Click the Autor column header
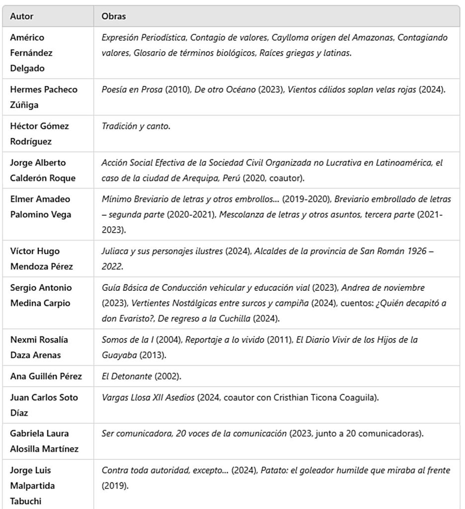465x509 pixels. click(22, 16)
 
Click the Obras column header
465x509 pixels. click(114, 16)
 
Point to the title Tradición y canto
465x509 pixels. click(135, 126)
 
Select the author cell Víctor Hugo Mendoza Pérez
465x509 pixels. click(41, 258)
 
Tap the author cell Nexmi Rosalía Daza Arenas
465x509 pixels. click(39, 347)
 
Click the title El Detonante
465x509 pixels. click(127, 376)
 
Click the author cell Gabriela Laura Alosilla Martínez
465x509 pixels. click(44, 441)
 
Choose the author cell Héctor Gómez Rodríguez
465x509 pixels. click(39, 134)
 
